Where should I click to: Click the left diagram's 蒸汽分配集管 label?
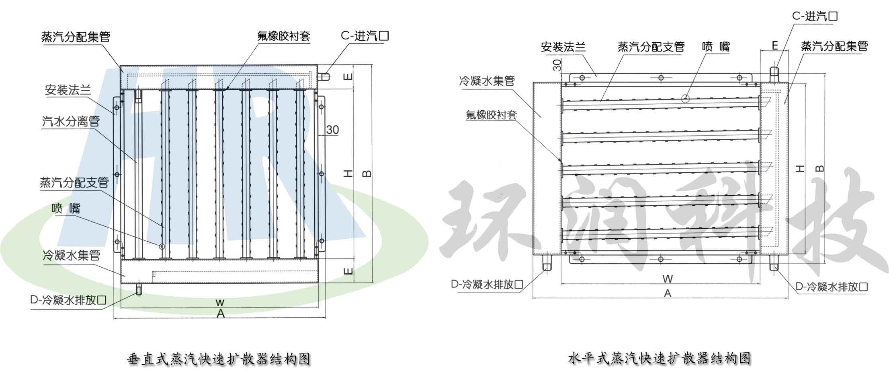pos(76,37)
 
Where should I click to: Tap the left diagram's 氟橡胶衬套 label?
pos(284,36)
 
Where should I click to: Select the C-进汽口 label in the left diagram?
pos(365,36)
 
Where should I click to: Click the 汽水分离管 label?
pos(71,121)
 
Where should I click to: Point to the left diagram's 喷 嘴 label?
pos(66,208)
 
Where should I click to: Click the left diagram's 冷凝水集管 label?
pos(71,255)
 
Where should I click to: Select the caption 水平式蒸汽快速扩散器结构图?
pos(659,358)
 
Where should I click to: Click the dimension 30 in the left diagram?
pos(332,130)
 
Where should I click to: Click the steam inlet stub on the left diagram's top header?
pos(324,76)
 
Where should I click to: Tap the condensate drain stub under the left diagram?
pos(139,290)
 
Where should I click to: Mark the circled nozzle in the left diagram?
pos(162,246)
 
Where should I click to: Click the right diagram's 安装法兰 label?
pos(563,47)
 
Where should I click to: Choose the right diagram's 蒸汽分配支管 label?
pos(651,47)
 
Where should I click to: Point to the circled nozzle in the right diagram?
pos(685,98)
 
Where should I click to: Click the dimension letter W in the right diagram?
pos(667,279)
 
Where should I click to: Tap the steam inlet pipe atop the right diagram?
pos(774,74)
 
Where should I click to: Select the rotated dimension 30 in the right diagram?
pos(557,65)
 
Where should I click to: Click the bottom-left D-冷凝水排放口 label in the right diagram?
pos(487,285)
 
